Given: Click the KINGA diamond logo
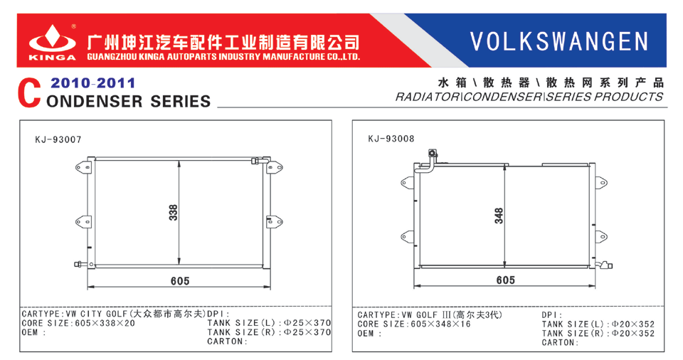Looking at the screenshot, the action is click(52, 40).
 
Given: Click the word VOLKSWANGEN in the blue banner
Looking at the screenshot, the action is click(559, 41).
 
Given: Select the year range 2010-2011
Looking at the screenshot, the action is click(92, 83).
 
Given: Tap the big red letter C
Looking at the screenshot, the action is click(29, 93).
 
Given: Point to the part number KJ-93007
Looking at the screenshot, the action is click(58, 139).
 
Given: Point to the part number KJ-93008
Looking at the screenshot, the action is click(391, 139).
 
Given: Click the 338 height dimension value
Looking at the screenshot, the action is click(174, 213).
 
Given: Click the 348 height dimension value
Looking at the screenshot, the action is click(499, 216).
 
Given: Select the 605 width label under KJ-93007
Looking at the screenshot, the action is click(180, 281).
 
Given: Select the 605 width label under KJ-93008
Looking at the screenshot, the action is click(506, 280).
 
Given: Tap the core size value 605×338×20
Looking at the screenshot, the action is click(105, 324).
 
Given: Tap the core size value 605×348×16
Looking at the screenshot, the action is click(441, 324).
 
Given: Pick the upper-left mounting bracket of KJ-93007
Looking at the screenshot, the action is click(84, 167).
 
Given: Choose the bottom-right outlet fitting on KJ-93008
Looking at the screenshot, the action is click(605, 265).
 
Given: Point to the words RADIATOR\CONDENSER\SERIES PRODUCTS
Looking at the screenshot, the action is click(529, 97).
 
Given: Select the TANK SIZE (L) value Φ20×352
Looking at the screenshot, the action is click(633, 324).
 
